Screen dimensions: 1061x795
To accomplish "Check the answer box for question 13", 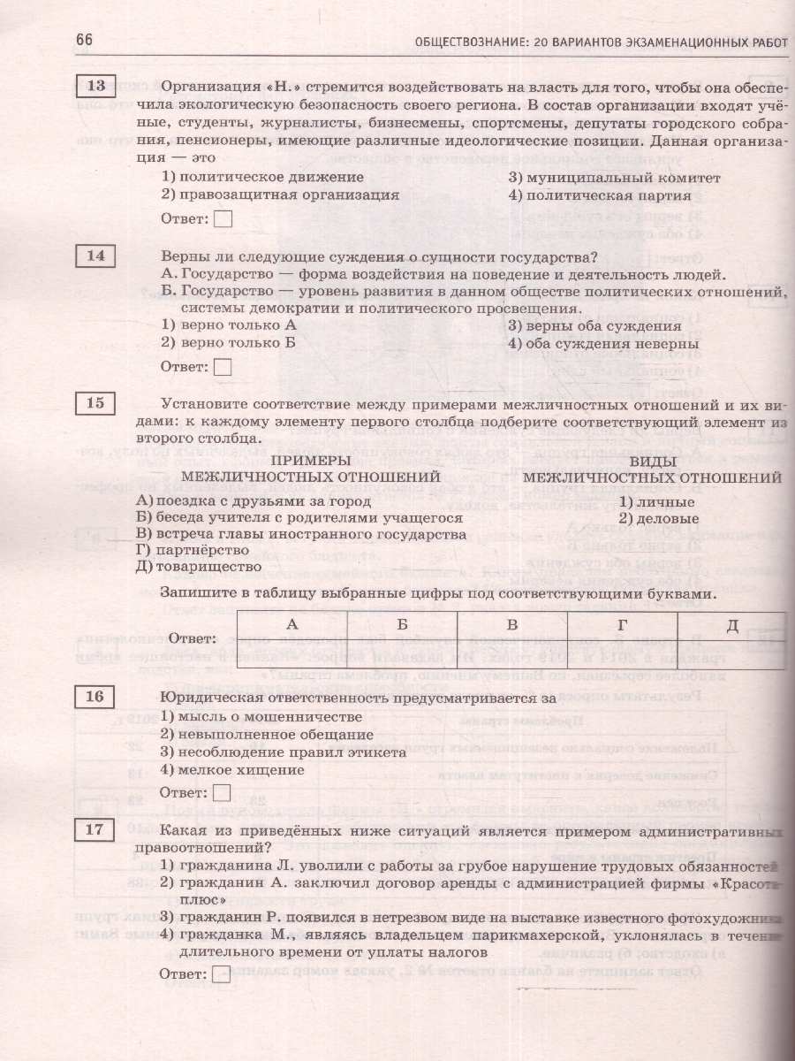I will click(223, 218).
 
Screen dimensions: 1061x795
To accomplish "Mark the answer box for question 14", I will click(223, 366).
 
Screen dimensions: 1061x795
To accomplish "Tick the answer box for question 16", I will click(223, 793).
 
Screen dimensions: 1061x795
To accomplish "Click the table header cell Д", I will click(731, 625).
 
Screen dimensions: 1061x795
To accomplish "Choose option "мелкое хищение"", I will click(232, 769).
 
